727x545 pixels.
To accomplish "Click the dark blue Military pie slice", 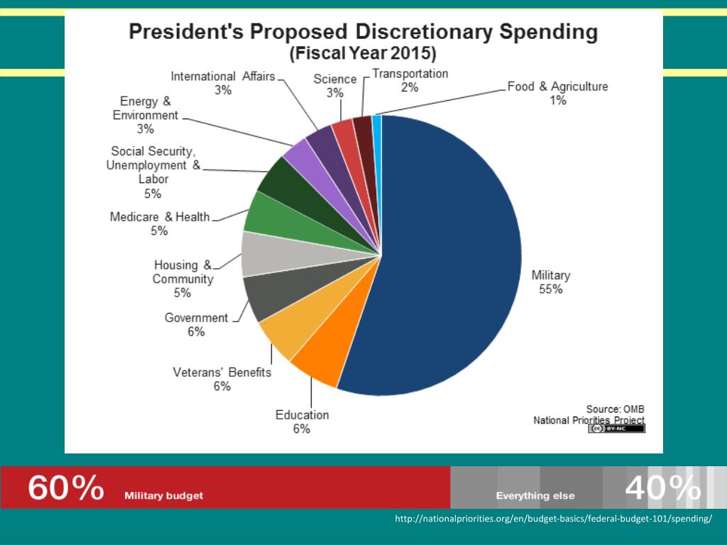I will (447, 255).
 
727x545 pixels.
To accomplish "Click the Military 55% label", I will (550, 282).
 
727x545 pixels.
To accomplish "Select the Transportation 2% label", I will (410, 80).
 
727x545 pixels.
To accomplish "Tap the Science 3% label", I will (335, 86).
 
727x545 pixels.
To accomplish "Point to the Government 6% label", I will (196, 324).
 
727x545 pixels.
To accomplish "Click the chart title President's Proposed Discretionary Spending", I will (362, 33).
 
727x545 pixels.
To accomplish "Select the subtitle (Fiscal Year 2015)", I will (362, 53).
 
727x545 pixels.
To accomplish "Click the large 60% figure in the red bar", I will (65, 488).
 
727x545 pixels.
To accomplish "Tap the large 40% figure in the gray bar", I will (662, 488).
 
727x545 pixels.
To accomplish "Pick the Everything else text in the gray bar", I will (535, 496).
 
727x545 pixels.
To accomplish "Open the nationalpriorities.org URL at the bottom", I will (553, 519).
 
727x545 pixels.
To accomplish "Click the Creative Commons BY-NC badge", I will (616, 429).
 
